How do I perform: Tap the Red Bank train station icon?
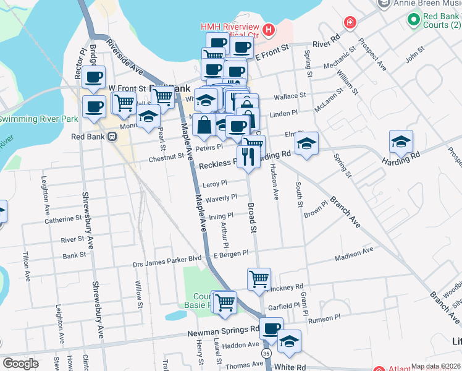tap(112, 137)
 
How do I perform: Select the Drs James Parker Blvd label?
tap(167, 264)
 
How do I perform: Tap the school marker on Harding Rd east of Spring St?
tap(401, 143)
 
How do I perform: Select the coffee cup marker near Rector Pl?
tap(93, 78)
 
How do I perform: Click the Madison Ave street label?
tap(354, 251)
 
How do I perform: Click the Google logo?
tap(20, 364)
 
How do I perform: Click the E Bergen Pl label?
tap(230, 254)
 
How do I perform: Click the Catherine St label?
tap(63, 218)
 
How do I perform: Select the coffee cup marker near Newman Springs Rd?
tap(271, 328)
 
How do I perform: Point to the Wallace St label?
tap(290, 96)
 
